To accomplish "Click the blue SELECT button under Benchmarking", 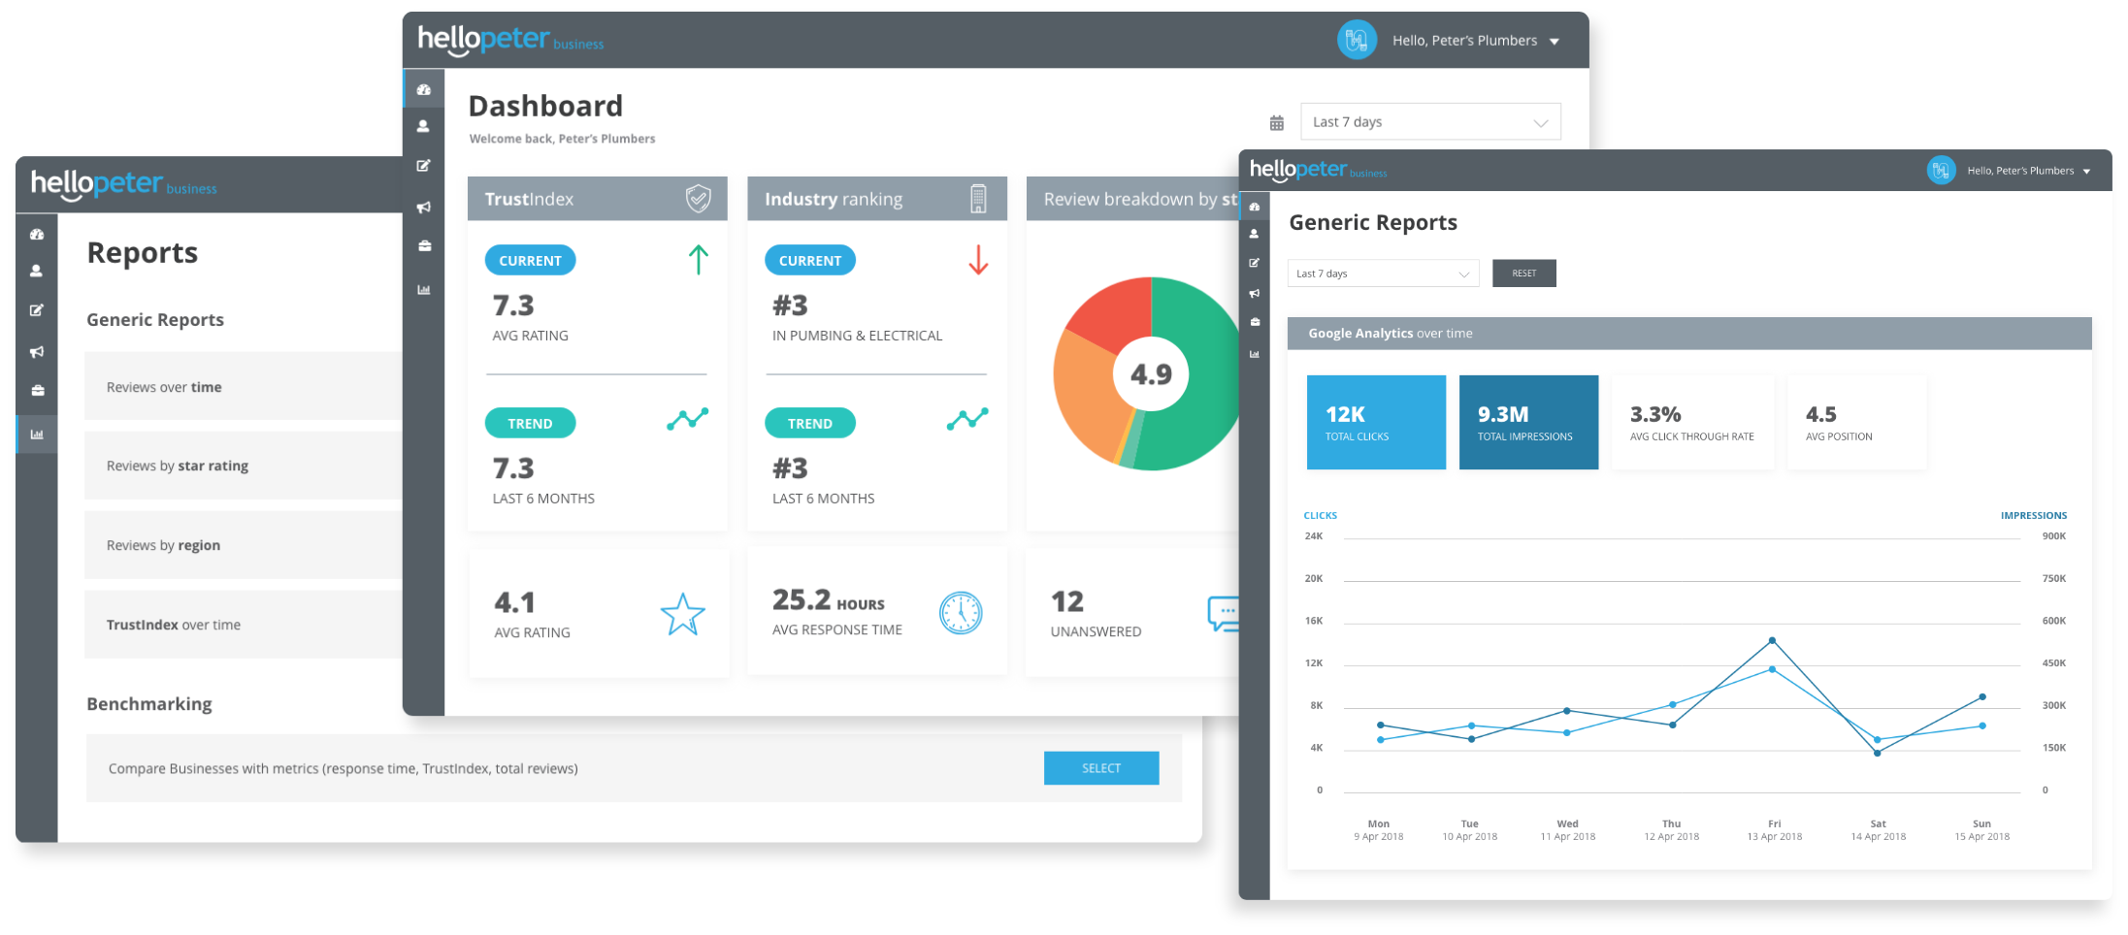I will click(x=1100, y=768).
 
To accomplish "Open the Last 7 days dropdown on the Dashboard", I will click(x=1429, y=122).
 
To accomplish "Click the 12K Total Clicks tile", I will click(x=1375, y=423).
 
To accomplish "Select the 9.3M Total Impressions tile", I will click(x=1527, y=423).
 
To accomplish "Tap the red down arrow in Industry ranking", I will click(x=978, y=260).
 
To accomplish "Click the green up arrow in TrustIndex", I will click(x=698, y=260).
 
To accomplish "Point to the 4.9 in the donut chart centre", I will click(x=1151, y=374).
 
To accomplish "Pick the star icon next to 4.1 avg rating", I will click(x=682, y=614).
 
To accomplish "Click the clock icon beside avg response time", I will click(x=961, y=613).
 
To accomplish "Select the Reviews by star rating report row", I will click(x=243, y=466).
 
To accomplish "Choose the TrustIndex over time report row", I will click(x=243, y=625).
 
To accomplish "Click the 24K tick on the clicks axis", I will click(x=1313, y=536).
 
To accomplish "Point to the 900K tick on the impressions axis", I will click(x=2053, y=536).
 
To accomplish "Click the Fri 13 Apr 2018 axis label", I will click(x=1774, y=830).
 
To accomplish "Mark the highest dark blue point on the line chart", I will click(x=1772, y=640).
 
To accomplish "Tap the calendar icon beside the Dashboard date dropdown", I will click(x=1276, y=123).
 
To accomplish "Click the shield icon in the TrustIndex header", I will click(x=698, y=199).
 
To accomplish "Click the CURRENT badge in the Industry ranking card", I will click(x=809, y=261).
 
